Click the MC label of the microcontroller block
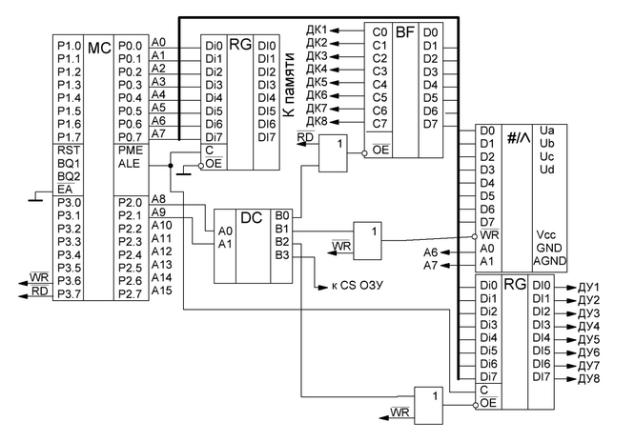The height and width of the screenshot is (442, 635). tap(99, 47)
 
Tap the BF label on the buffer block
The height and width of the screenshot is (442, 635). tap(404, 31)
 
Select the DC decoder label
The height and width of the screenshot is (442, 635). tap(251, 218)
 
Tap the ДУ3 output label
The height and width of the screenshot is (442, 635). tap(589, 312)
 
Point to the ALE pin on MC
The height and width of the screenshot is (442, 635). tap(129, 163)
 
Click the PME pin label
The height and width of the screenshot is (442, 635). tap(130, 150)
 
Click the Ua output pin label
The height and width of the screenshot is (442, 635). tap(547, 130)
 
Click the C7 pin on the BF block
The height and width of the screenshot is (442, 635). tap(380, 123)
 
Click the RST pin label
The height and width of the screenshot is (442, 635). tap(68, 150)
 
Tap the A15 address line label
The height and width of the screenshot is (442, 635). tap(161, 290)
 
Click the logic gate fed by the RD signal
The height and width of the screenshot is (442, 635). tap(332, 153)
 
